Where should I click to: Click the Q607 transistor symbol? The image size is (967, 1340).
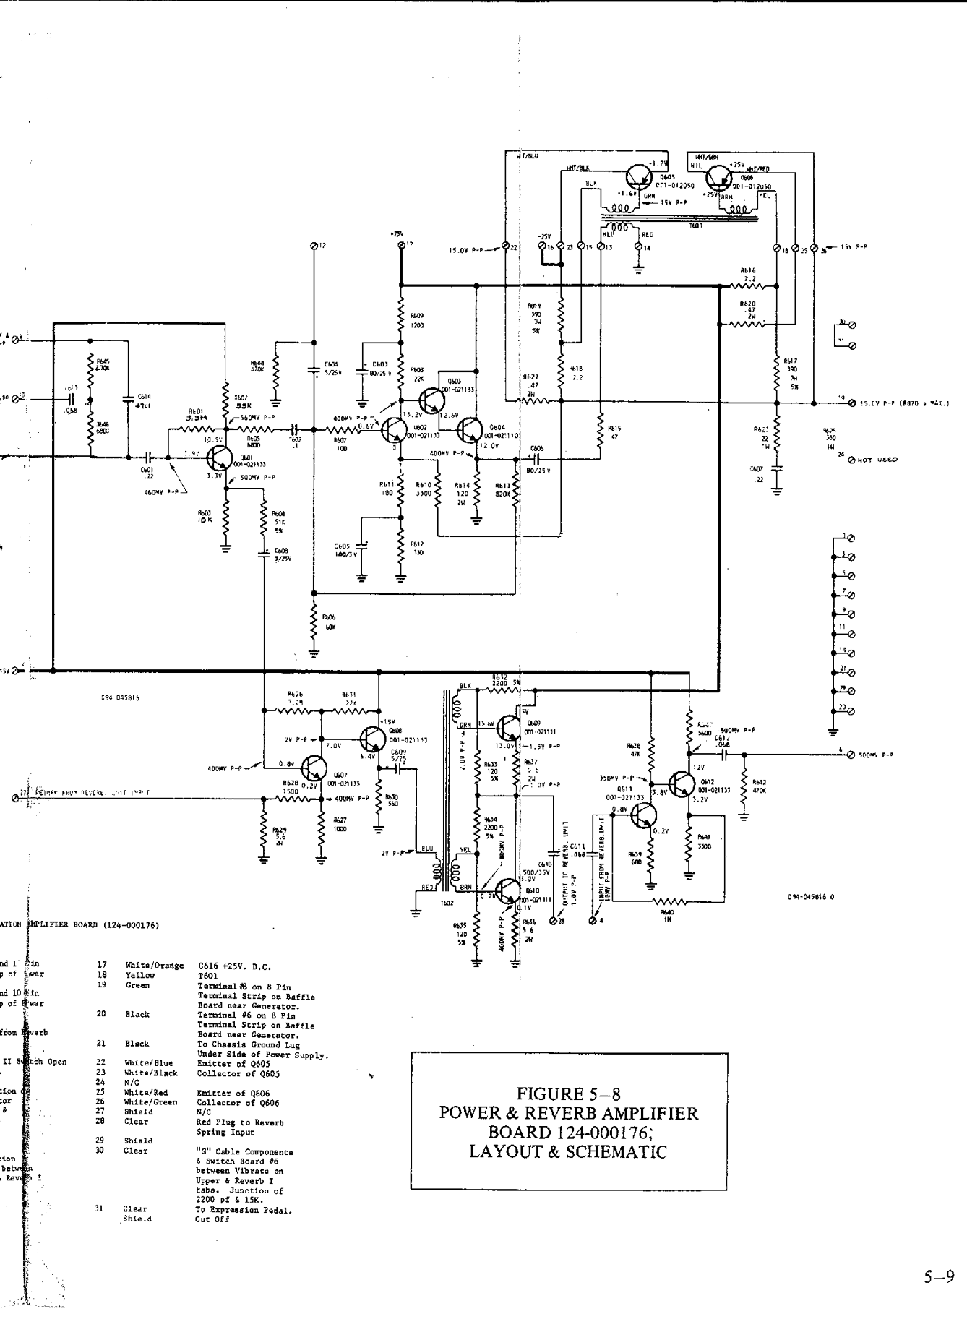pos(316,768)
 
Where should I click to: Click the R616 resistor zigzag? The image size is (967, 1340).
pos(748,286)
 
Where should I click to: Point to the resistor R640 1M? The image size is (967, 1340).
pos(669,901)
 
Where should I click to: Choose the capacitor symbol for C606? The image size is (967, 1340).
pos(536,458)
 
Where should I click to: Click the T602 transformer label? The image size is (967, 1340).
pos(447,903)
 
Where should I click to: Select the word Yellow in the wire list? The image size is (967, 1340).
pos(139,975)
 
